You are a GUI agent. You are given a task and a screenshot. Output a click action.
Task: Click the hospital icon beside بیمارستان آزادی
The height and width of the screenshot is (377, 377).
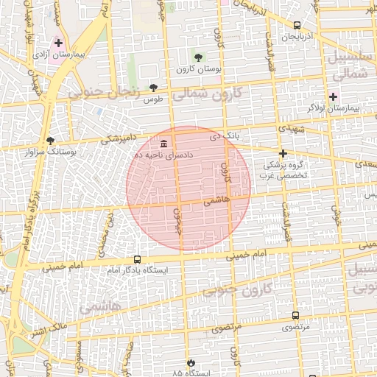pos(58,43)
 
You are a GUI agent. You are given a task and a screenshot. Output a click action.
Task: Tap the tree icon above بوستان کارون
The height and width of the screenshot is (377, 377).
pos(197,57)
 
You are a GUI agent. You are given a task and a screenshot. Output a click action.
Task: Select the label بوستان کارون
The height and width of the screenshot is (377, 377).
pos(195,69)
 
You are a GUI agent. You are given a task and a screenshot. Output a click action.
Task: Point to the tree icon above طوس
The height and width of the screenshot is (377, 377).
pos(153,87)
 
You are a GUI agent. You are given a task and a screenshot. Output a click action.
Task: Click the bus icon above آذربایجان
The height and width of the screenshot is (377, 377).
pos(296,25)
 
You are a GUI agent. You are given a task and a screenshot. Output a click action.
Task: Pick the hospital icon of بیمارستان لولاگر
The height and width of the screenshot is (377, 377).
pos(332,96)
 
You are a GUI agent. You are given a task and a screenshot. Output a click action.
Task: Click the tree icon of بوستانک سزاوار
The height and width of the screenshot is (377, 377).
pos(50,140)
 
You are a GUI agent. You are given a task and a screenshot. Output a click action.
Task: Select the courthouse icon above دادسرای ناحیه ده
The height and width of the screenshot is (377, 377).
pos(163,143)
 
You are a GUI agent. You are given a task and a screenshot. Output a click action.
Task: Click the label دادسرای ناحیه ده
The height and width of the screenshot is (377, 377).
pos(163,155)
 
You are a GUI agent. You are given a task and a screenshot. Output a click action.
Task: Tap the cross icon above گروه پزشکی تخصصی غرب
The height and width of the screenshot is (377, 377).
pos(283,154)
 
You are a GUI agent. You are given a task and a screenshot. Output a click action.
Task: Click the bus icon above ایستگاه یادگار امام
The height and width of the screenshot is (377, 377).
pos(137,259)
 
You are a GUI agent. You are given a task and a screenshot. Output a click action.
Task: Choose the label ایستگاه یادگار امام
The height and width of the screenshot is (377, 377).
pos(137,271)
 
